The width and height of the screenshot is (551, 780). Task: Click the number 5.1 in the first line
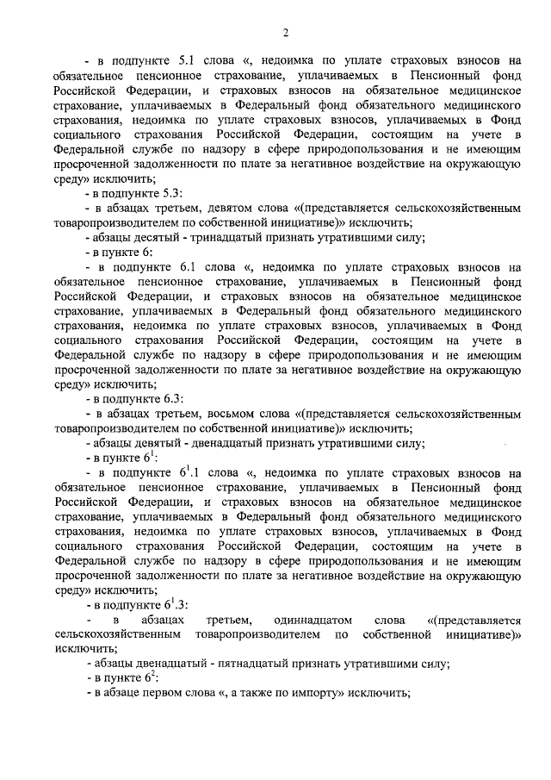point(189,61)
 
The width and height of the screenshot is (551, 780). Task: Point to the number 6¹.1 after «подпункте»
point(191,472)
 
